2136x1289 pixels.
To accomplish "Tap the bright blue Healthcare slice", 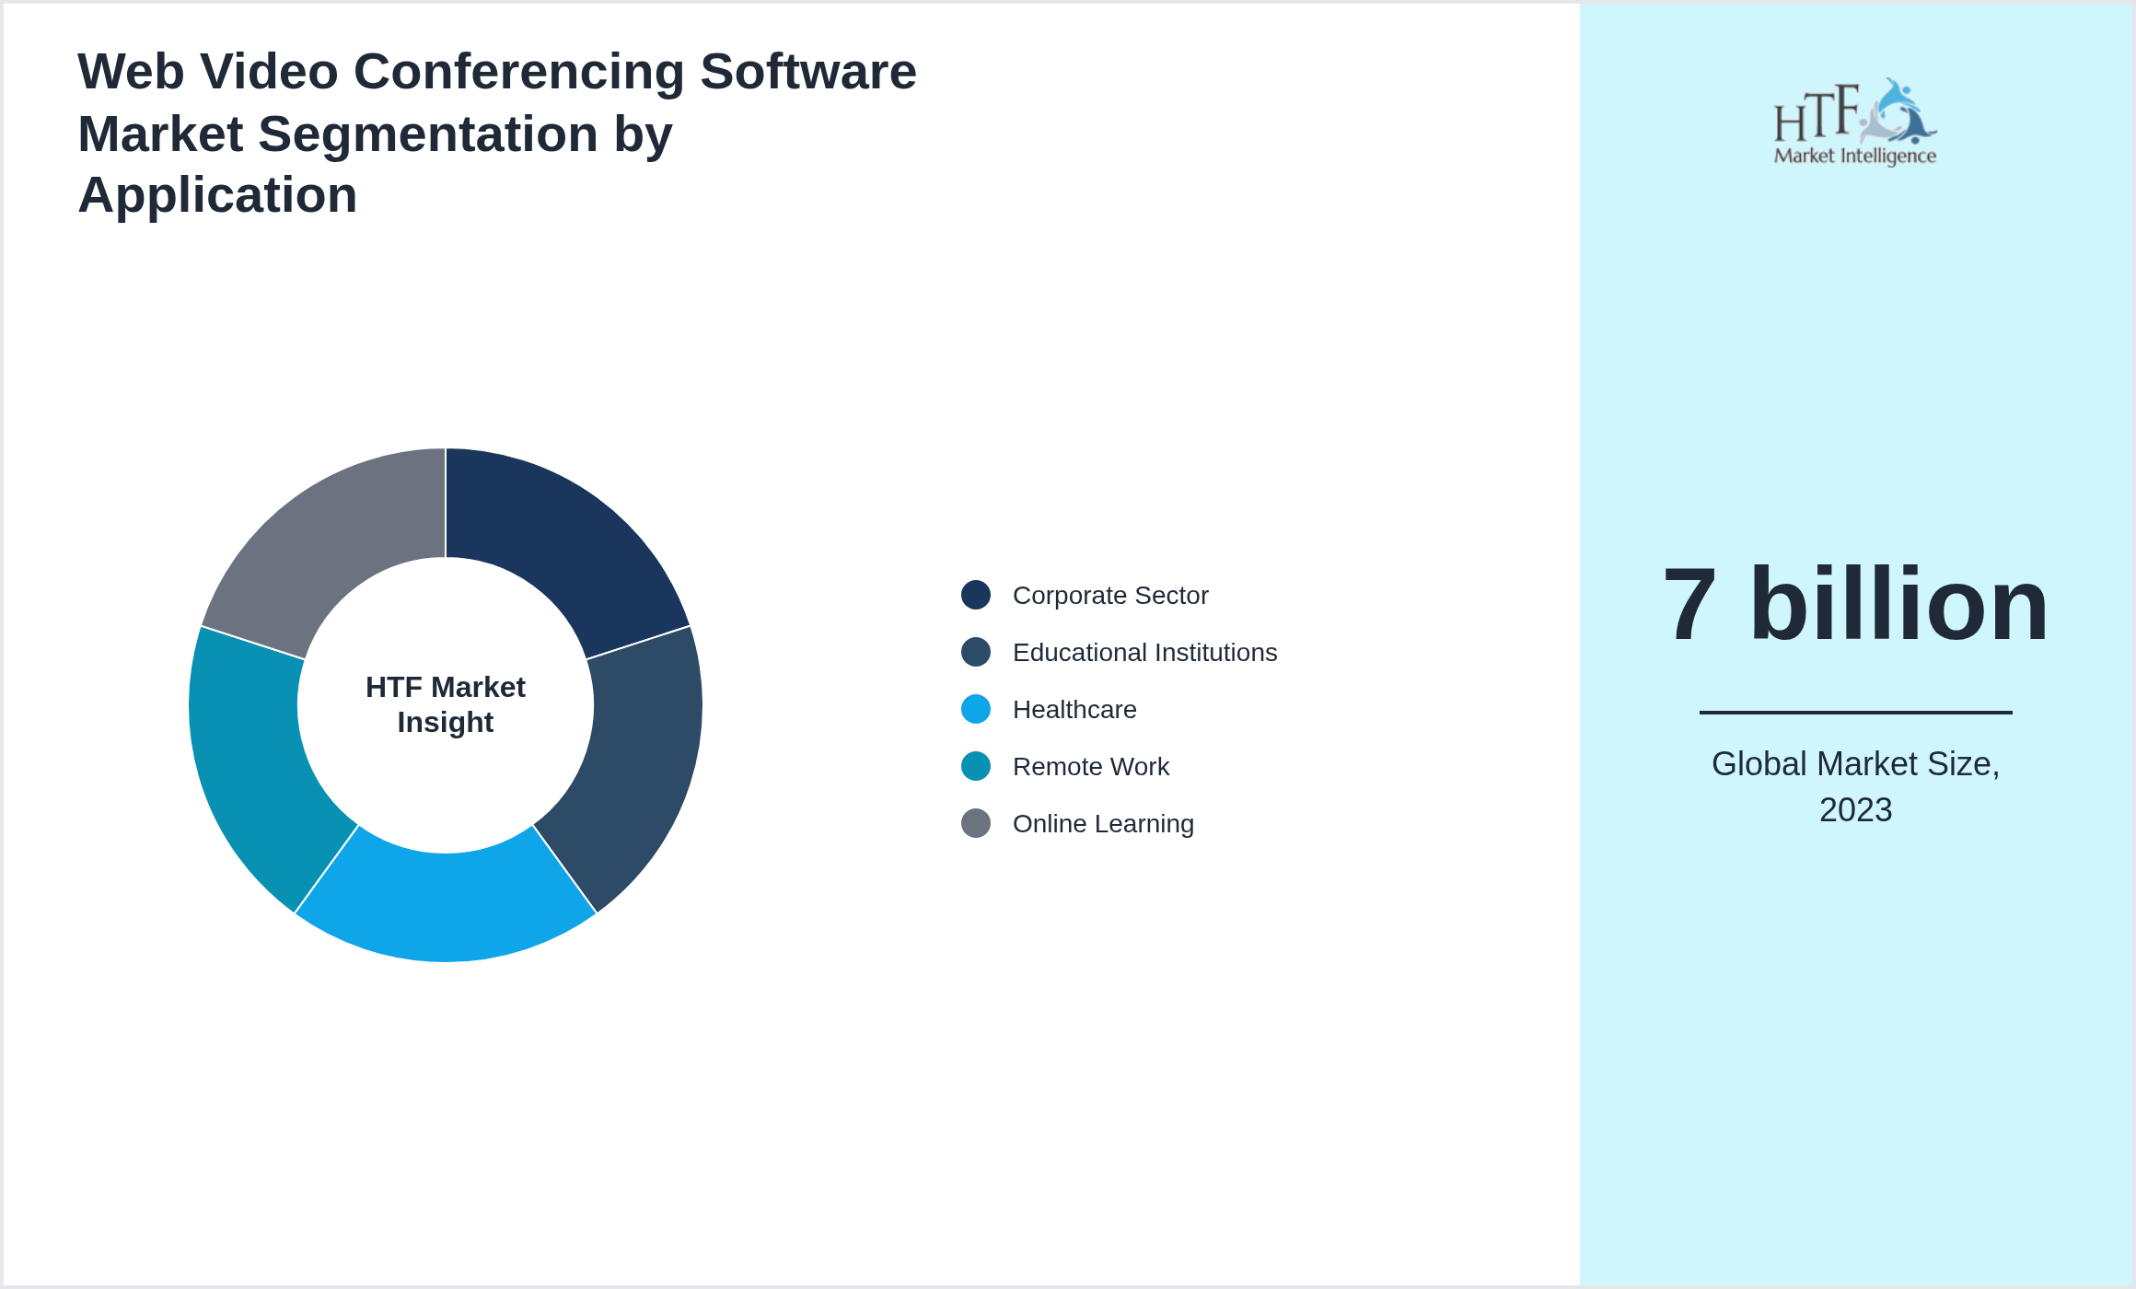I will point(446,906).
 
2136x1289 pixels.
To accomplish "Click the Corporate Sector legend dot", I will point(976,595).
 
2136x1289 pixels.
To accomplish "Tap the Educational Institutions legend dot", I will point(976,652).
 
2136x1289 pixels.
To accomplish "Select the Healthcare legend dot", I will point(976,709).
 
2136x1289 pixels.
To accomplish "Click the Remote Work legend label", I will point(1091,766).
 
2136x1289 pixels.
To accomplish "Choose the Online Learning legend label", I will point(1103,823).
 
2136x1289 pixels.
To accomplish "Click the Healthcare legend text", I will point(1074,709).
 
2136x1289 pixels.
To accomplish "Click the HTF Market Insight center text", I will point(446,704).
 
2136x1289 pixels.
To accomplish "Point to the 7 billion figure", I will point(1855,605).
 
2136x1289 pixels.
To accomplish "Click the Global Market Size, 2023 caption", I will point(1855,786).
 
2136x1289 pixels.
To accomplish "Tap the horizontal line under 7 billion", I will point(1855,712).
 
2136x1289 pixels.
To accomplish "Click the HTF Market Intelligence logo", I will point(1855,122).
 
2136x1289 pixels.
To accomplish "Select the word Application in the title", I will point(217,195).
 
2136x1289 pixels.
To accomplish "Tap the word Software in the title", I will point(808,72).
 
